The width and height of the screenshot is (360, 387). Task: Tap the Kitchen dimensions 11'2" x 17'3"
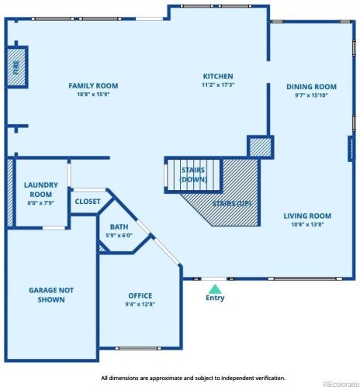(x=218, y=85)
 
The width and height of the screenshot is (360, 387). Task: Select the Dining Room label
(x=312, y=87)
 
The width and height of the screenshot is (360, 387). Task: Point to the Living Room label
(x=307, y=216)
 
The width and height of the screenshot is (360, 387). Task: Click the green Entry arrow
(x=214, y=288)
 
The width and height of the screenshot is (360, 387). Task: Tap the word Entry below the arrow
(x=214, y=298)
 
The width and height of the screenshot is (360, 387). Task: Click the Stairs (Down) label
(x=192, y=174)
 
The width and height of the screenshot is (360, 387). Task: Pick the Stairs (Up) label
(x=232, y=203)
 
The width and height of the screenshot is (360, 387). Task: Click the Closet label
(x=87, y=202)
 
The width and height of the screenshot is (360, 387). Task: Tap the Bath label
(x=119, y=226)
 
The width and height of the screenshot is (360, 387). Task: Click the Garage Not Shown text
(x=51, y=295)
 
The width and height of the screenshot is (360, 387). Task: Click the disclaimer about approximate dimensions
(x=192, y=378)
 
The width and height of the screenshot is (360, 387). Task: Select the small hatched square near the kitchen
(x=259, y=147)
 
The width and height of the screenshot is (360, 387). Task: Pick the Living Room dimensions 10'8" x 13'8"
(x=307, y=225)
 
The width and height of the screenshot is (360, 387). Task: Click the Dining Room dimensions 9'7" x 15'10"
(x=312, y=96)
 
